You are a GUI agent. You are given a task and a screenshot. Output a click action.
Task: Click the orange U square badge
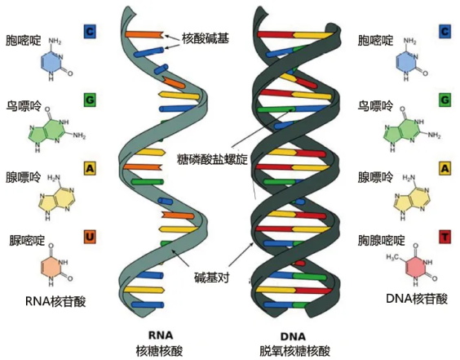point(90,237)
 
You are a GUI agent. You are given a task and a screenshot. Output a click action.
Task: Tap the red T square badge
point(445,237)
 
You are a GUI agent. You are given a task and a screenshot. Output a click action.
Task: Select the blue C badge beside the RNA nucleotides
point(90,31)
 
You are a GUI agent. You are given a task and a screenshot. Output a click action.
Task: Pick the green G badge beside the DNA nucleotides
point(445,100)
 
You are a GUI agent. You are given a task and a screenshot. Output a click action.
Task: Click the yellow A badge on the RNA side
point(90,168)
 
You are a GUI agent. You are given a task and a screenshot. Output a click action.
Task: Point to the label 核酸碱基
point(206,38)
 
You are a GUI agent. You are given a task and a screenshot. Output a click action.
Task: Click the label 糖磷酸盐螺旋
point(212,159)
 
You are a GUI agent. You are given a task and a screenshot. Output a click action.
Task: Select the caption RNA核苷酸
point(55,301)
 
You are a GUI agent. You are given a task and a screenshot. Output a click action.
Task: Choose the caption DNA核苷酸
point(417,299)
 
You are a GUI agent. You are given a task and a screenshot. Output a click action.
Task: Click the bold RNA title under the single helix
point(161,336)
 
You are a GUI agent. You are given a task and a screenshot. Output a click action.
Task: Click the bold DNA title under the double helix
point(294,336)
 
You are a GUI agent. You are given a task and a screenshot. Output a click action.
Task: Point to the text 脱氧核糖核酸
point(294,351)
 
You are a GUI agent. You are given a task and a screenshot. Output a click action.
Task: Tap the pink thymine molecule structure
point(412,264)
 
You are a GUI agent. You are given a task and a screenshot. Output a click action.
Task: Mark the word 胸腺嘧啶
point(382,241)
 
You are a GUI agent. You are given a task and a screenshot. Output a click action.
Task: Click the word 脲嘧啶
point(27,241)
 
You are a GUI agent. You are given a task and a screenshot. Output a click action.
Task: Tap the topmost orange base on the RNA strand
point(144,34)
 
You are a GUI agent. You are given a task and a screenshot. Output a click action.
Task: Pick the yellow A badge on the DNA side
point(445,168)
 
